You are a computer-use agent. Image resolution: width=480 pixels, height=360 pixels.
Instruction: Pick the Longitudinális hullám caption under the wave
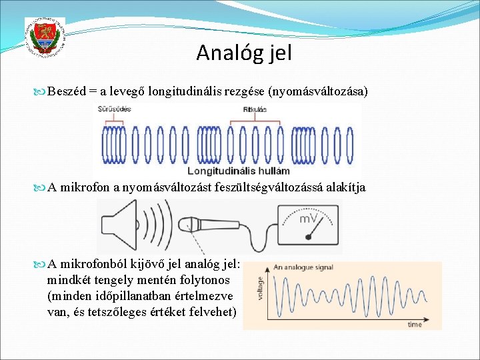pos(229,171)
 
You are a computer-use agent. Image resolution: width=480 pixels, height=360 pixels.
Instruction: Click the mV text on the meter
pos(308,219)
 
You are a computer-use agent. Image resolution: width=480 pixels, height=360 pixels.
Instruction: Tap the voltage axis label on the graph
pos(261,289)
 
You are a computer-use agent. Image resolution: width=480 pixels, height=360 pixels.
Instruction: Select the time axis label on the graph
pos(415,325)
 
